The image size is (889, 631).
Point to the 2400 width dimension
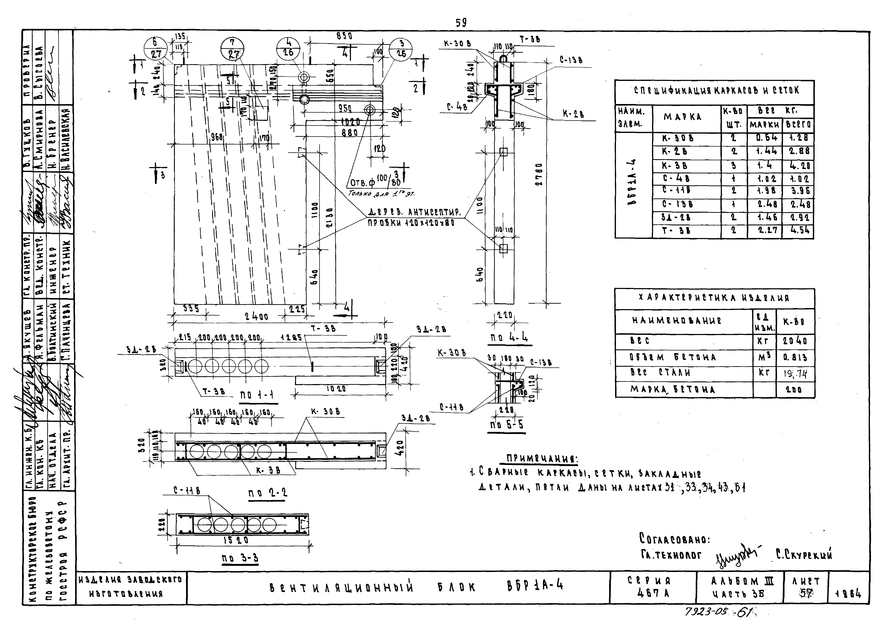click(256, 317)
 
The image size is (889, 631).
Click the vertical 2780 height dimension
click(538, 174)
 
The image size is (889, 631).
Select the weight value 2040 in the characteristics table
click(795, 341)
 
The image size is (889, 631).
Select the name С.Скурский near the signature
click(804, 554)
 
